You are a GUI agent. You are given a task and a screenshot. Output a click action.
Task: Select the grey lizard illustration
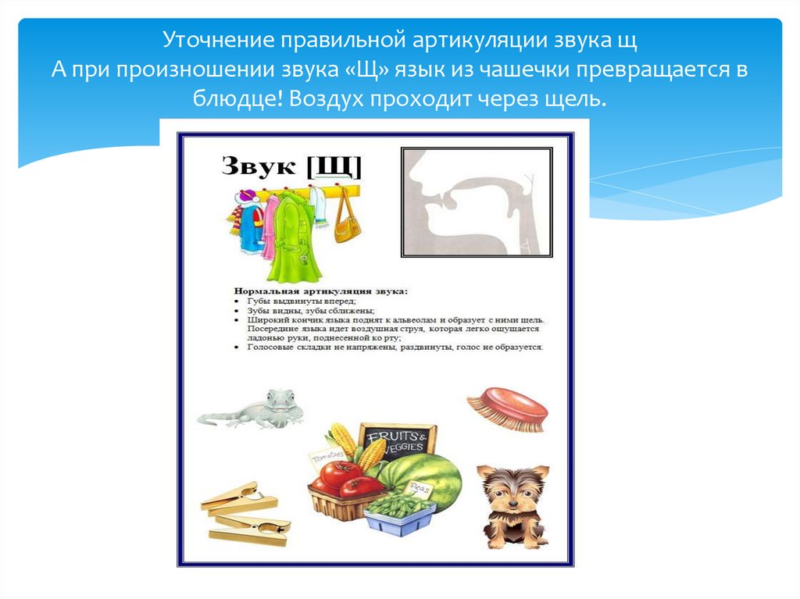pos(254,408)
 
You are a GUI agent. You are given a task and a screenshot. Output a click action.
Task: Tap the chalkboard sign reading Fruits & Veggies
pos(398,440)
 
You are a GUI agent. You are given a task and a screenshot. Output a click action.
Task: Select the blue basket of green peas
pos(401,512)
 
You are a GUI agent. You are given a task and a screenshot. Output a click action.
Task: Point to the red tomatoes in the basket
pos(345,479)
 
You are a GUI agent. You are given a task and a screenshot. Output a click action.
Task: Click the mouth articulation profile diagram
pos(477,202)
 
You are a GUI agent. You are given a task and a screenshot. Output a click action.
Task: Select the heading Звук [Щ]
pos(291,166)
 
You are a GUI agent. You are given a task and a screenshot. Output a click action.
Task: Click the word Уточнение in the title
pos(206,40)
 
